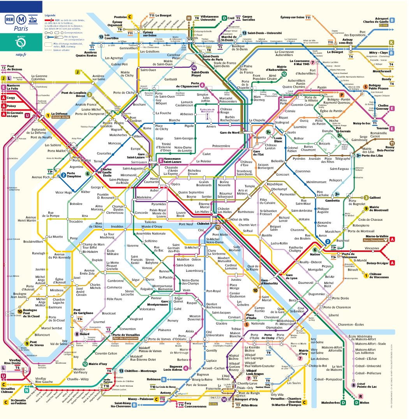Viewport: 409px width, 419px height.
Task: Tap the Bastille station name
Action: [267, 236]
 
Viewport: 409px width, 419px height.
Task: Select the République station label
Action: [275, 184]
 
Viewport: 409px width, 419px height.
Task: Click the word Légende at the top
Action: [50, 15]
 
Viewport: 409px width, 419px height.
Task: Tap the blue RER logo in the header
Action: [9, 19]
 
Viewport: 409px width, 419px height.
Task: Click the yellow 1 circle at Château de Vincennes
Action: [366, 276]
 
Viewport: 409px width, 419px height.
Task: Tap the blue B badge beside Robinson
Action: [164, 379]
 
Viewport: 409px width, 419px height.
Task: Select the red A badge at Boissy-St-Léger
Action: [392, 262]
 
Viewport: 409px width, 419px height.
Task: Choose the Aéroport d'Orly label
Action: [247, 399]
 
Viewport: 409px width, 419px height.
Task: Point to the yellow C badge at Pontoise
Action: [130, 17]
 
